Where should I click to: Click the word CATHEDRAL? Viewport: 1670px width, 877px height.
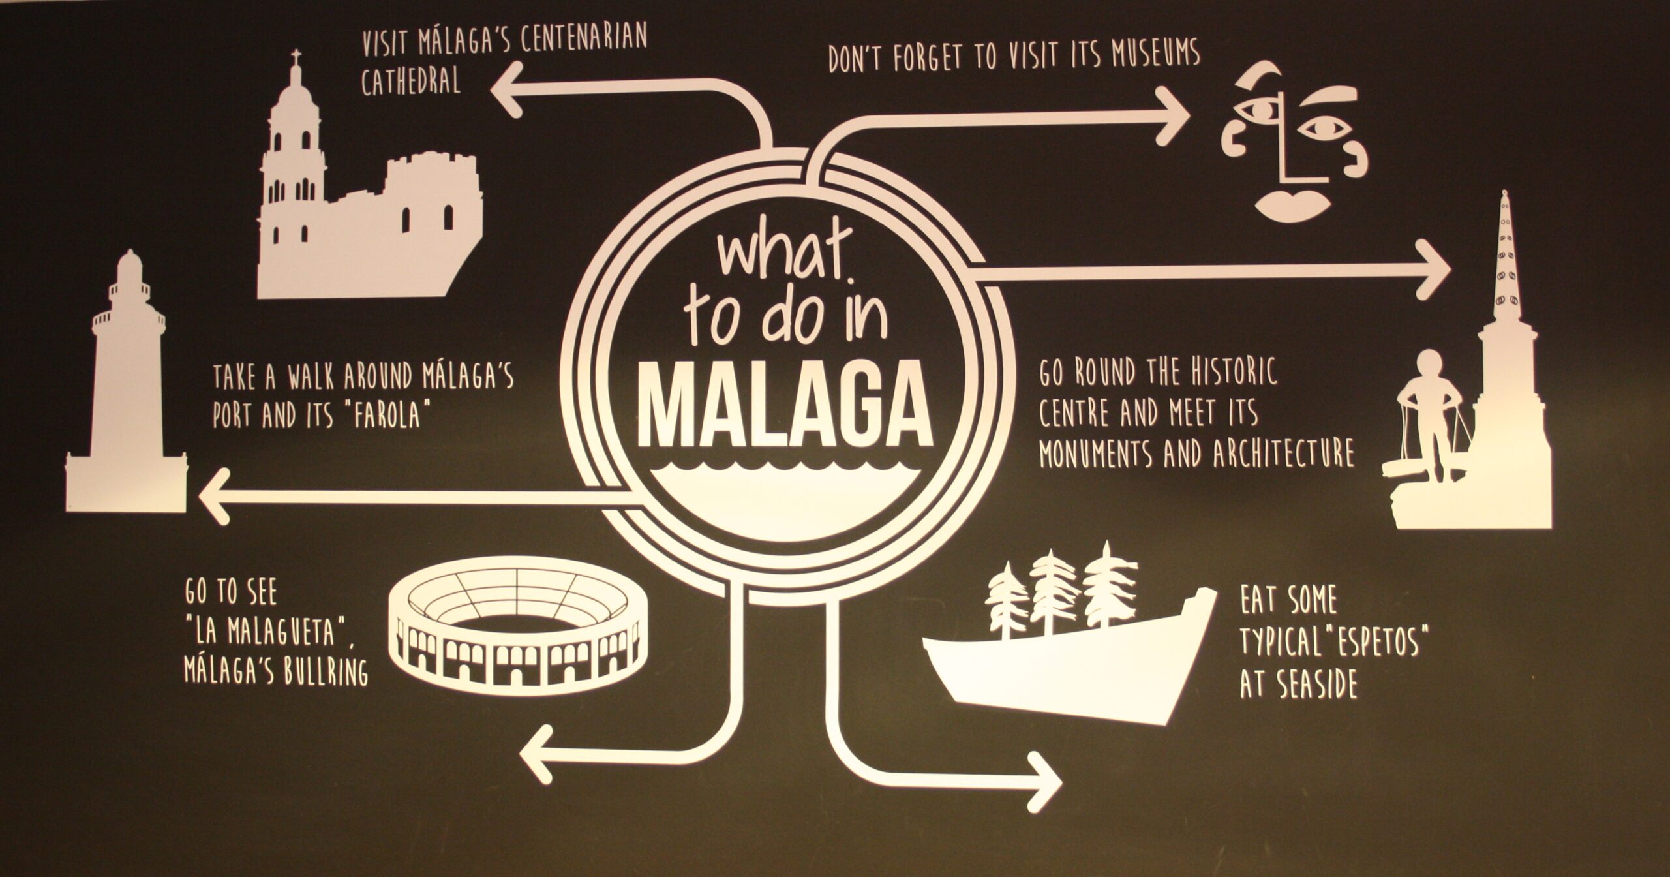click(x=411, y=82)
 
